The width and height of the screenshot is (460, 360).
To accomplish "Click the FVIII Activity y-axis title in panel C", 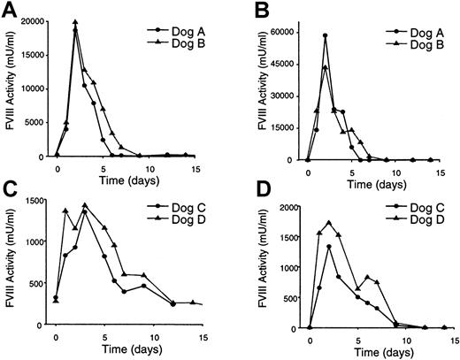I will [x=10, y=265].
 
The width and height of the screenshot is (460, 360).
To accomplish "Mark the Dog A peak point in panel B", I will [x=326, y=36].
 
